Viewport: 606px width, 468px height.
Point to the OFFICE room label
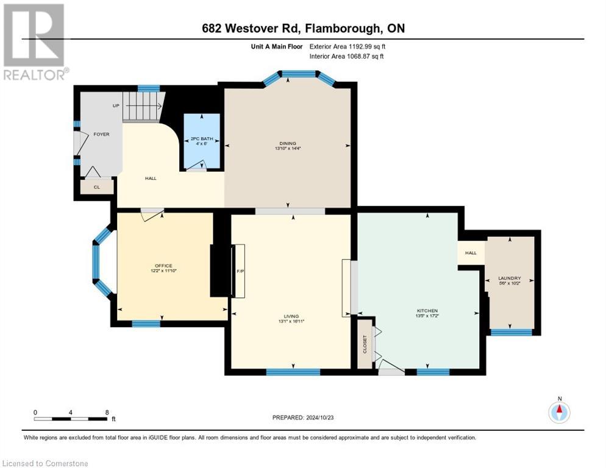tap(163, 266)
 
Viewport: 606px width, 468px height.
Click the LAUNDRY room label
tap(510, 278)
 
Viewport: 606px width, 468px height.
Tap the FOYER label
tap(101, 134)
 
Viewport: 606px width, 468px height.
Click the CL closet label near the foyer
tap(97, 188)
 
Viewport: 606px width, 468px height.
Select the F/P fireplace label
tap(240, 272)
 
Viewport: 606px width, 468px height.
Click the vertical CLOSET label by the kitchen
tap(365, 345)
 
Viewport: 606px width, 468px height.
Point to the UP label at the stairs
tap(116, 105)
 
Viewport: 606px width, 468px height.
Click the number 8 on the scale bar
tap(107, 412)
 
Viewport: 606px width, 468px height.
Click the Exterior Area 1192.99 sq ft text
tap(347, 46)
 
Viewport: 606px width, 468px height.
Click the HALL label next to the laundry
tap(471, 253)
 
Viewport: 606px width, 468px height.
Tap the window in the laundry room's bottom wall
tap(511, 332)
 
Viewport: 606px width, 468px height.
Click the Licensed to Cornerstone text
tap(46, 464)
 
